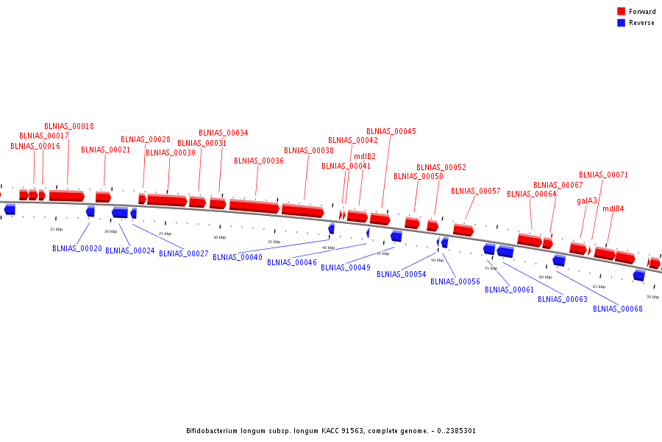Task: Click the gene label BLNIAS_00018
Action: click(69, 126)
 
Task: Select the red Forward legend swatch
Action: click(621, 12)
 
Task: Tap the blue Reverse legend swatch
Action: click(621, 23)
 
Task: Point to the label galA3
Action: click(587, 200)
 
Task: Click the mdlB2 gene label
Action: click(365, 156)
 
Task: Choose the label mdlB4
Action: click(613, 209)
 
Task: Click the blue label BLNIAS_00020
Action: click(77, 248)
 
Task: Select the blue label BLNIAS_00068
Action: click(618, 309)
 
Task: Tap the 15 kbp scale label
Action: click(56, 229)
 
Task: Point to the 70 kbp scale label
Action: click(652, 297)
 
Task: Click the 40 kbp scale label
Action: click(328, 248)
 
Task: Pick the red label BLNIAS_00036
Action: click(259, 161)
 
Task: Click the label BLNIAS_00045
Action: click(391, 131)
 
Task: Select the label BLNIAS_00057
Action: click(476, 191)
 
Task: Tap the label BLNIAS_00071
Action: click(604, 175)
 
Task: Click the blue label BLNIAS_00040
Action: click(238, 257)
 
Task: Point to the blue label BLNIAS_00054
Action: click(402, 274)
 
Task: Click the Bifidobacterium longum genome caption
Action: click(331, 431)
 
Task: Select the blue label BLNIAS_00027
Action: click(184, 253)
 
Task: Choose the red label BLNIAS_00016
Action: click(35, 146)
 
